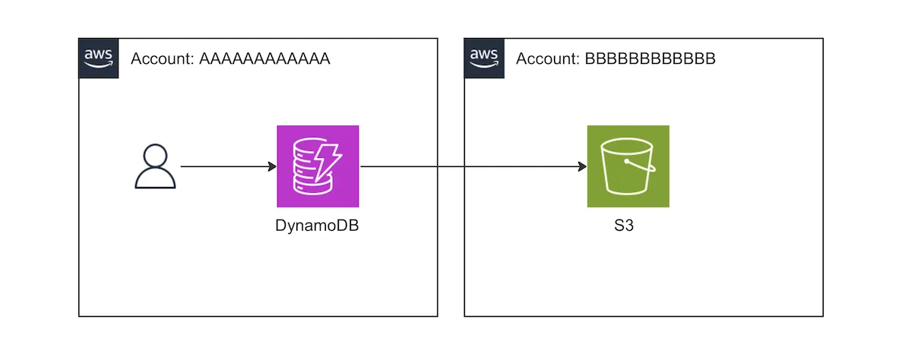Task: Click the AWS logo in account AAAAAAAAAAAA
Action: [x=99, y=58]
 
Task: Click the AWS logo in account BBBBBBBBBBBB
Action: [x=484, y=58]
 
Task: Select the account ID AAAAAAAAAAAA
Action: [x=264, y=59]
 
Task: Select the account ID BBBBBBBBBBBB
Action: [x=650, y=59]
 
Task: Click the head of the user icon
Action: [x=155, y=156]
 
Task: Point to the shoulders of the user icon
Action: [x=155, y=180]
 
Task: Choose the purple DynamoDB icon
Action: [x=318, y=166]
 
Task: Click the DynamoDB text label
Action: [x=317, y=226]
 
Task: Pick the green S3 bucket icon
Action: [x=628, y=166]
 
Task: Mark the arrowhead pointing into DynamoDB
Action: [x=272, y=166]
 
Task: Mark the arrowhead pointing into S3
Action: [x=582, y=166]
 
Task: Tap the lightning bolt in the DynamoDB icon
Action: [x=331, y=160]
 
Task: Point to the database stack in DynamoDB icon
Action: [x=307, y=169]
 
